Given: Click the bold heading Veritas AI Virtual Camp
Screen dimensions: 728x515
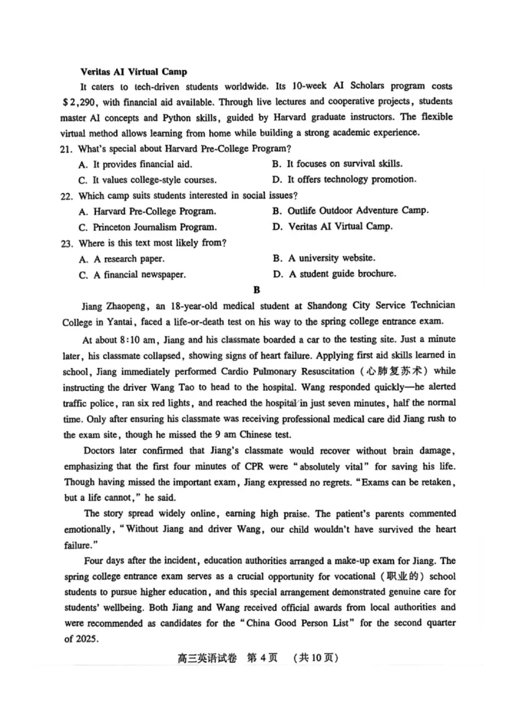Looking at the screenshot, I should (x=133, y=71).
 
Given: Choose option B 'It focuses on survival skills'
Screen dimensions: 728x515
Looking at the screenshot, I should (x=338, y=164).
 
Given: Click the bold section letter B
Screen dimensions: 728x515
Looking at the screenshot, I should (x=257, y=290).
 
